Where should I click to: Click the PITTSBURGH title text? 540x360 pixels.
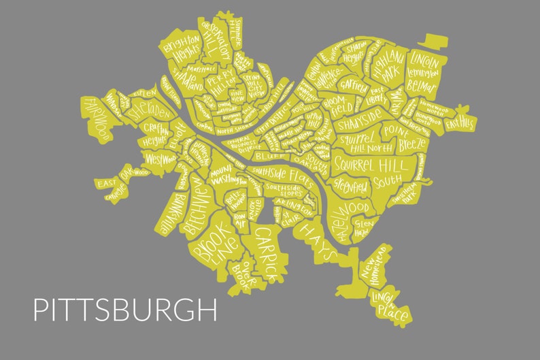coord(125,309)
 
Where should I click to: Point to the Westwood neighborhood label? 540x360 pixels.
coord(161,160)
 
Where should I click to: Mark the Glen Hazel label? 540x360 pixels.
coord(364,229)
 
